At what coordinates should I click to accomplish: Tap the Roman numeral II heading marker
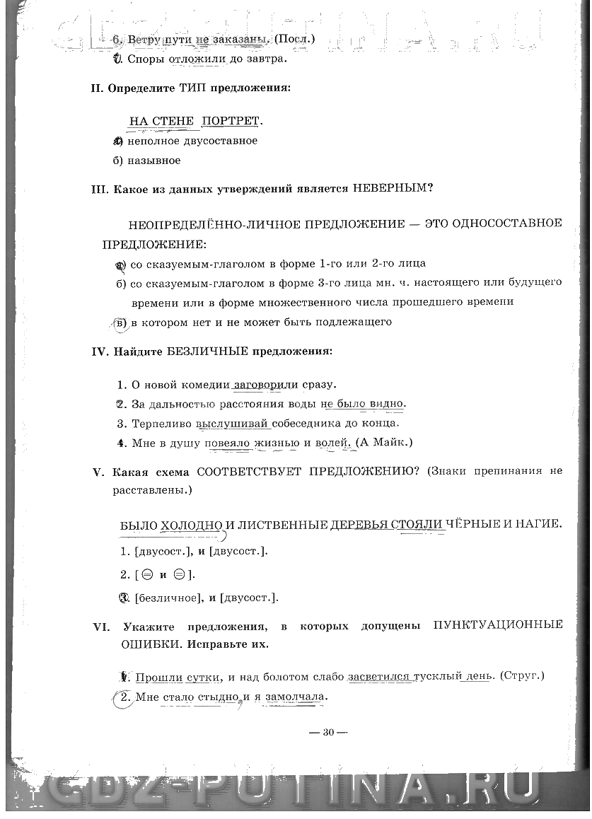[98, 88]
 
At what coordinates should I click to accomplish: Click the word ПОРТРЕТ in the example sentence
[230, 121]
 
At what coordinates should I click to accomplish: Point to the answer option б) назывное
[146, 161]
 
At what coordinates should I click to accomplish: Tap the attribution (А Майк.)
[384, 443]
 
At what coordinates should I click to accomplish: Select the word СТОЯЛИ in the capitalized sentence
[421, 525]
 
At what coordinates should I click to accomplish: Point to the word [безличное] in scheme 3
[164, 598]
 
